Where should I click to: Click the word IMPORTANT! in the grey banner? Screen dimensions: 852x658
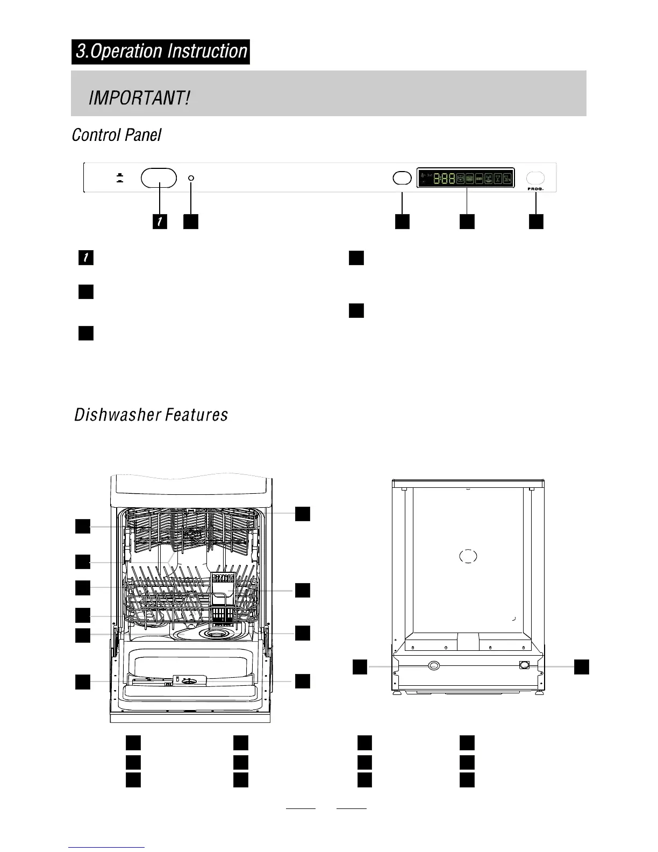pyautogui.click(x=139, y=98)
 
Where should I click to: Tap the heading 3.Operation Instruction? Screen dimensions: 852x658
pyautogui.click(x=161, y=52)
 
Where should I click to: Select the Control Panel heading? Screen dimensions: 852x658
pyautogui.click(x=117, y=134)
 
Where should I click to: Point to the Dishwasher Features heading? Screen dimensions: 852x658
pyautogui.click(x=151, y=415)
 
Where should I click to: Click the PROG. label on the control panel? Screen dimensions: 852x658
pyautogui.click(x=535, y=189)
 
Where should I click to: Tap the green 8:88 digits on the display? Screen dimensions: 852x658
pyautogui.click(x=444, y=178)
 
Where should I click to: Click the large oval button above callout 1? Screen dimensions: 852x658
pyautogui.click(x=159, y=177)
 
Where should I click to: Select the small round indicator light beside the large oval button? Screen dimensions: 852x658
pyautogui.click(x=191, y=177)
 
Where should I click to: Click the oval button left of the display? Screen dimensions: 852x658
pyautogui.click(x=402, y=178)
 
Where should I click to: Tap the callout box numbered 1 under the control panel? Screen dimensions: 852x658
pyautogui.click(x=160, y=221)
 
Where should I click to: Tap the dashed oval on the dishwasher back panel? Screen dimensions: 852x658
pyautogui.click(x=468, y=556)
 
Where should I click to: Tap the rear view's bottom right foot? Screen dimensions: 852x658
pyautogui.click(x=538, y=693)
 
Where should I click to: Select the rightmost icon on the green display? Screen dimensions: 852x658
pyautogui.click(x=507, y=178)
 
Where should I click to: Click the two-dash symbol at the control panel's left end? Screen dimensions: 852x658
pyautogui.click(x=120, y=177)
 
